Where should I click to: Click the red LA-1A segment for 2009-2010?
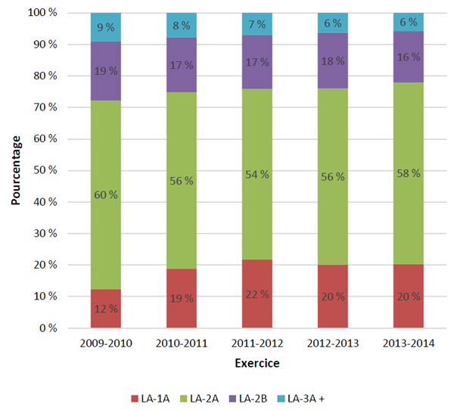point(106,309)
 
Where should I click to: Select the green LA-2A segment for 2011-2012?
point(257,174)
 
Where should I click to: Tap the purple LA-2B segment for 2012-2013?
point(333,61)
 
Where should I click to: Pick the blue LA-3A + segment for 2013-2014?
point(409,22)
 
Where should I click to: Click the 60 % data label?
point(106,195)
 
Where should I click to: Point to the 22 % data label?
point(257,294)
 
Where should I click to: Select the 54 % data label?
point(257,175)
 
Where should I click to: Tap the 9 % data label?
point(106,27)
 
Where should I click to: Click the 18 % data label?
point(333,61)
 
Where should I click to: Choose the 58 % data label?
point(409,173)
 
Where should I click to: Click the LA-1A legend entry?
point(151,399)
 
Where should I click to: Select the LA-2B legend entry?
point(248,399)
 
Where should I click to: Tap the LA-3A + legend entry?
point(301,399)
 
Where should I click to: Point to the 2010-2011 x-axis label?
point(182,343)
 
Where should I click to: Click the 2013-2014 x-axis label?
point(409,343)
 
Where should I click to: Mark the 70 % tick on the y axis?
point(45,107)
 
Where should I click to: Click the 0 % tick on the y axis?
point(48,328)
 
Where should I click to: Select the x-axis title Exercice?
point(257,363)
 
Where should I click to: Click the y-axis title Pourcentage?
point(16,170)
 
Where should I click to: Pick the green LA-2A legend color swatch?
point(184,399)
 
